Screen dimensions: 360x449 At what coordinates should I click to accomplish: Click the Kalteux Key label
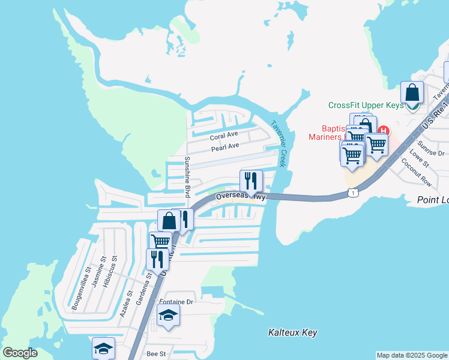(x=292, y=332)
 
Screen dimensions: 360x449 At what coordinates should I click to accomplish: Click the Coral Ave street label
(x=224, y=136)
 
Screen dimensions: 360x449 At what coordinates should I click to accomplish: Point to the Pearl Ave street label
(x=224, y=146)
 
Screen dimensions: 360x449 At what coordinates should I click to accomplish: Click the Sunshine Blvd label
(x=187, y=177)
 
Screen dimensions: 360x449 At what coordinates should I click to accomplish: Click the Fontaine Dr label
(x=175, y=302)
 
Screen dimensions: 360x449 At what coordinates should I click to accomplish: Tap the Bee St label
(x=155, y=354)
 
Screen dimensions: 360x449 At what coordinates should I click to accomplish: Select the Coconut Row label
(x=418, y=172)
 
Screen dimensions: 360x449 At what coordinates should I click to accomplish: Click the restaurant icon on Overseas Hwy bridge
(x=250, y=180)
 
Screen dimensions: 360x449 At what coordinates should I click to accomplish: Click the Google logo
(x=20, y=353)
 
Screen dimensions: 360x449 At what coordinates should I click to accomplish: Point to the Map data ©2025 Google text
(x=412, y=355)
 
